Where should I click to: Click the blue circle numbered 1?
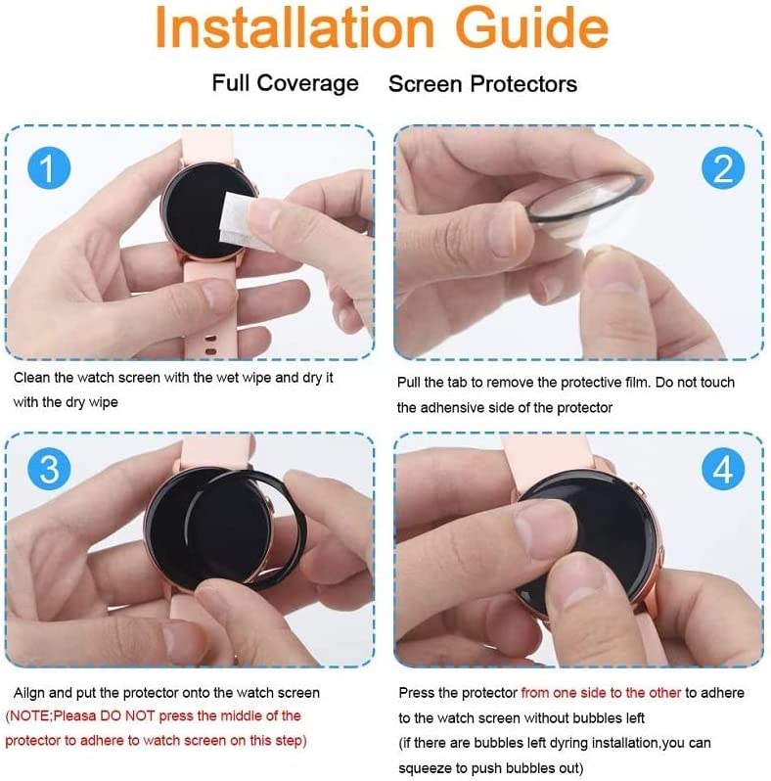pos(49,168)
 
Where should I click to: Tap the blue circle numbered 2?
pos(723,168)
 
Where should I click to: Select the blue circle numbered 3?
pos(49,469)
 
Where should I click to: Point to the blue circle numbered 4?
pos(723,469)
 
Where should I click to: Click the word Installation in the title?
pos(295,27)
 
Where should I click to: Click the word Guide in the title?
pos(532,27)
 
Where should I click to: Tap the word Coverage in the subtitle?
pos(307,83)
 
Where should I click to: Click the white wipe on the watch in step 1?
pos(241,220)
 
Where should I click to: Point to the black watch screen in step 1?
pos(202,211)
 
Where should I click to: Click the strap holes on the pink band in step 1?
pos(210,345)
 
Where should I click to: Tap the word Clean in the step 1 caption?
pos(32,378)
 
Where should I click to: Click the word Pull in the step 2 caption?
pos(407,382)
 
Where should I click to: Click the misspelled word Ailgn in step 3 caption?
pos(29,693)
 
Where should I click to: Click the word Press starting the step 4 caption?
pos(417,693)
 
